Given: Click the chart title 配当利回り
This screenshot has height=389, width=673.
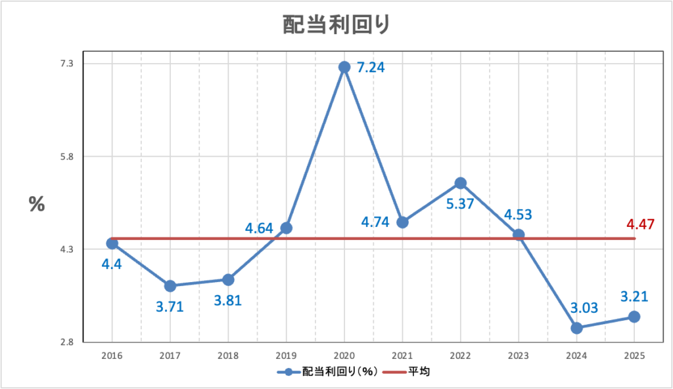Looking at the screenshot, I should (336, 24).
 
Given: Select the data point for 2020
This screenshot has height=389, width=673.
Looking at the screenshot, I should (344, 67).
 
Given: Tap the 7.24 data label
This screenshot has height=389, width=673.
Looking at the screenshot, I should (371, 67).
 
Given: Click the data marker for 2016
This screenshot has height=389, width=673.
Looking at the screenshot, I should (112, 243).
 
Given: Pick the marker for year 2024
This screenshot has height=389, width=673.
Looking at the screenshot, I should (576, 328).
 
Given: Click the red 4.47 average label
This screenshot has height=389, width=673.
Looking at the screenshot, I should (641, 225).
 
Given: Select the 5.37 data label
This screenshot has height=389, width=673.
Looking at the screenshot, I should (461, 204).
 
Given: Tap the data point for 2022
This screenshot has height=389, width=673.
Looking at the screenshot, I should (461, 183).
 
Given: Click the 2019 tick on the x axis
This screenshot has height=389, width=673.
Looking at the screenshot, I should (286, 355).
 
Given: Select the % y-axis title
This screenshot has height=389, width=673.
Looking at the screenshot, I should (37, 204).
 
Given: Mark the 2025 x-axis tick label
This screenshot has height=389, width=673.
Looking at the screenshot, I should (634, 355).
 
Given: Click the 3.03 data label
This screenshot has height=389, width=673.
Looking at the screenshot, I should (576, 307).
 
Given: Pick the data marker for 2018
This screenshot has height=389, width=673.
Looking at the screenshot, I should (228, 279).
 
